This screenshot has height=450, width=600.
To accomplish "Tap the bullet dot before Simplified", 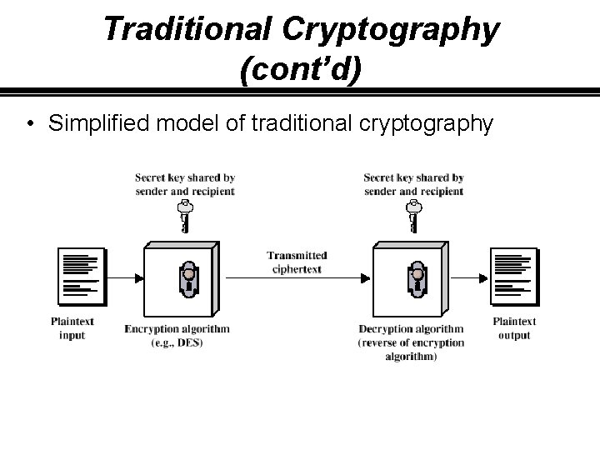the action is pyautogui.click(x=29, y=125).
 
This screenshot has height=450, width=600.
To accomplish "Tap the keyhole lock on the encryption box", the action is pyautogui.click(x=189, y=279).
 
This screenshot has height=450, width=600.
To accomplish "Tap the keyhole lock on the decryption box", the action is pyautogui.click(x=417, y=279).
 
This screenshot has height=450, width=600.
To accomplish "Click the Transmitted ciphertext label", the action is pyautogui.click(x=297, y=262).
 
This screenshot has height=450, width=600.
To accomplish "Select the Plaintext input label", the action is pyautogui.click(x=73, y=328).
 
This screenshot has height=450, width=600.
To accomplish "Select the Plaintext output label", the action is pyautogui.click(x=514, y=328).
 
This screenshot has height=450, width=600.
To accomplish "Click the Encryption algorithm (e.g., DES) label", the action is pyautogui.click(x=177, y=336).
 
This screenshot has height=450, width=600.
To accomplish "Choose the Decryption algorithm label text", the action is pyautogui.click(x=412, y=342).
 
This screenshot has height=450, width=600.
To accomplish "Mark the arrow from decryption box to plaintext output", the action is pyautogui.click(x=472, y=278).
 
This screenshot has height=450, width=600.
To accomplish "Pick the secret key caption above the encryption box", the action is pyautogui.click(x=185, y=184).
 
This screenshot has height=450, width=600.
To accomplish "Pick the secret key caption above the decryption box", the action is pyautogui.click(x=413, y=184).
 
